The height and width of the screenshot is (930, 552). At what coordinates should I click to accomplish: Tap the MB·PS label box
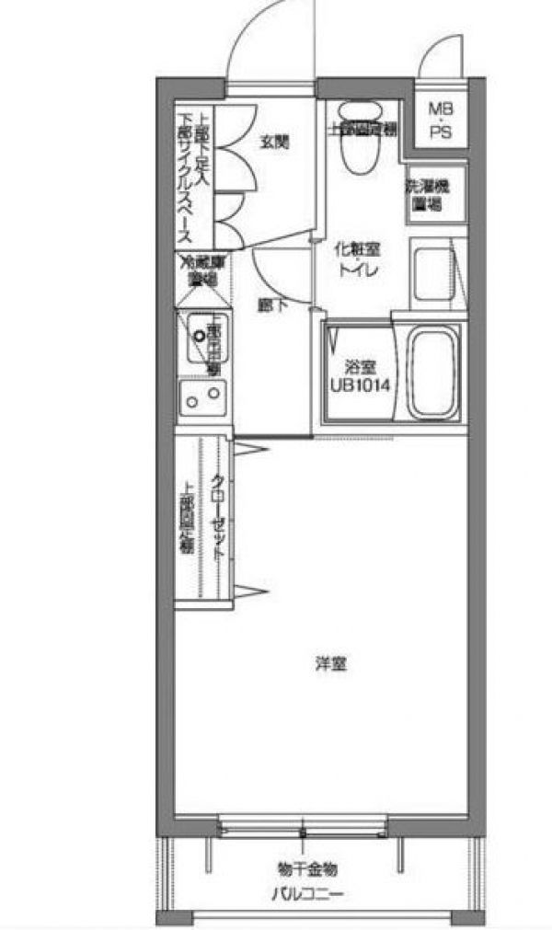(440, 119)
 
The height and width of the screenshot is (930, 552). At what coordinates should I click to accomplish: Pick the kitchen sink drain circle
(197, 335)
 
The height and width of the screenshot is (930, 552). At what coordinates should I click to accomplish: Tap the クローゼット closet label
(219, 520)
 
